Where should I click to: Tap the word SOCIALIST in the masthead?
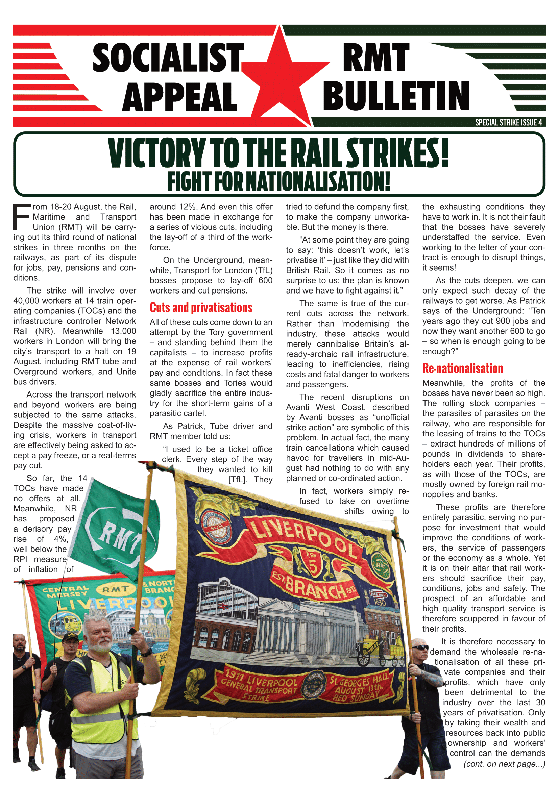click(168, 58)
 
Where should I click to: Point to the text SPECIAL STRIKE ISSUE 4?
click(508, 122)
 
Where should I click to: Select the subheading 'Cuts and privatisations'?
click(201, 307)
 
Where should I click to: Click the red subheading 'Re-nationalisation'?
click(463, 368)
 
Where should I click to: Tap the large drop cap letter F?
click(21, 217)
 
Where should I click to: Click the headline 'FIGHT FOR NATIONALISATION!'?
click(279, 181)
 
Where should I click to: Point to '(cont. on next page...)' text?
click(504, 764)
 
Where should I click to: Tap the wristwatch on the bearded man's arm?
click(146, 651)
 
